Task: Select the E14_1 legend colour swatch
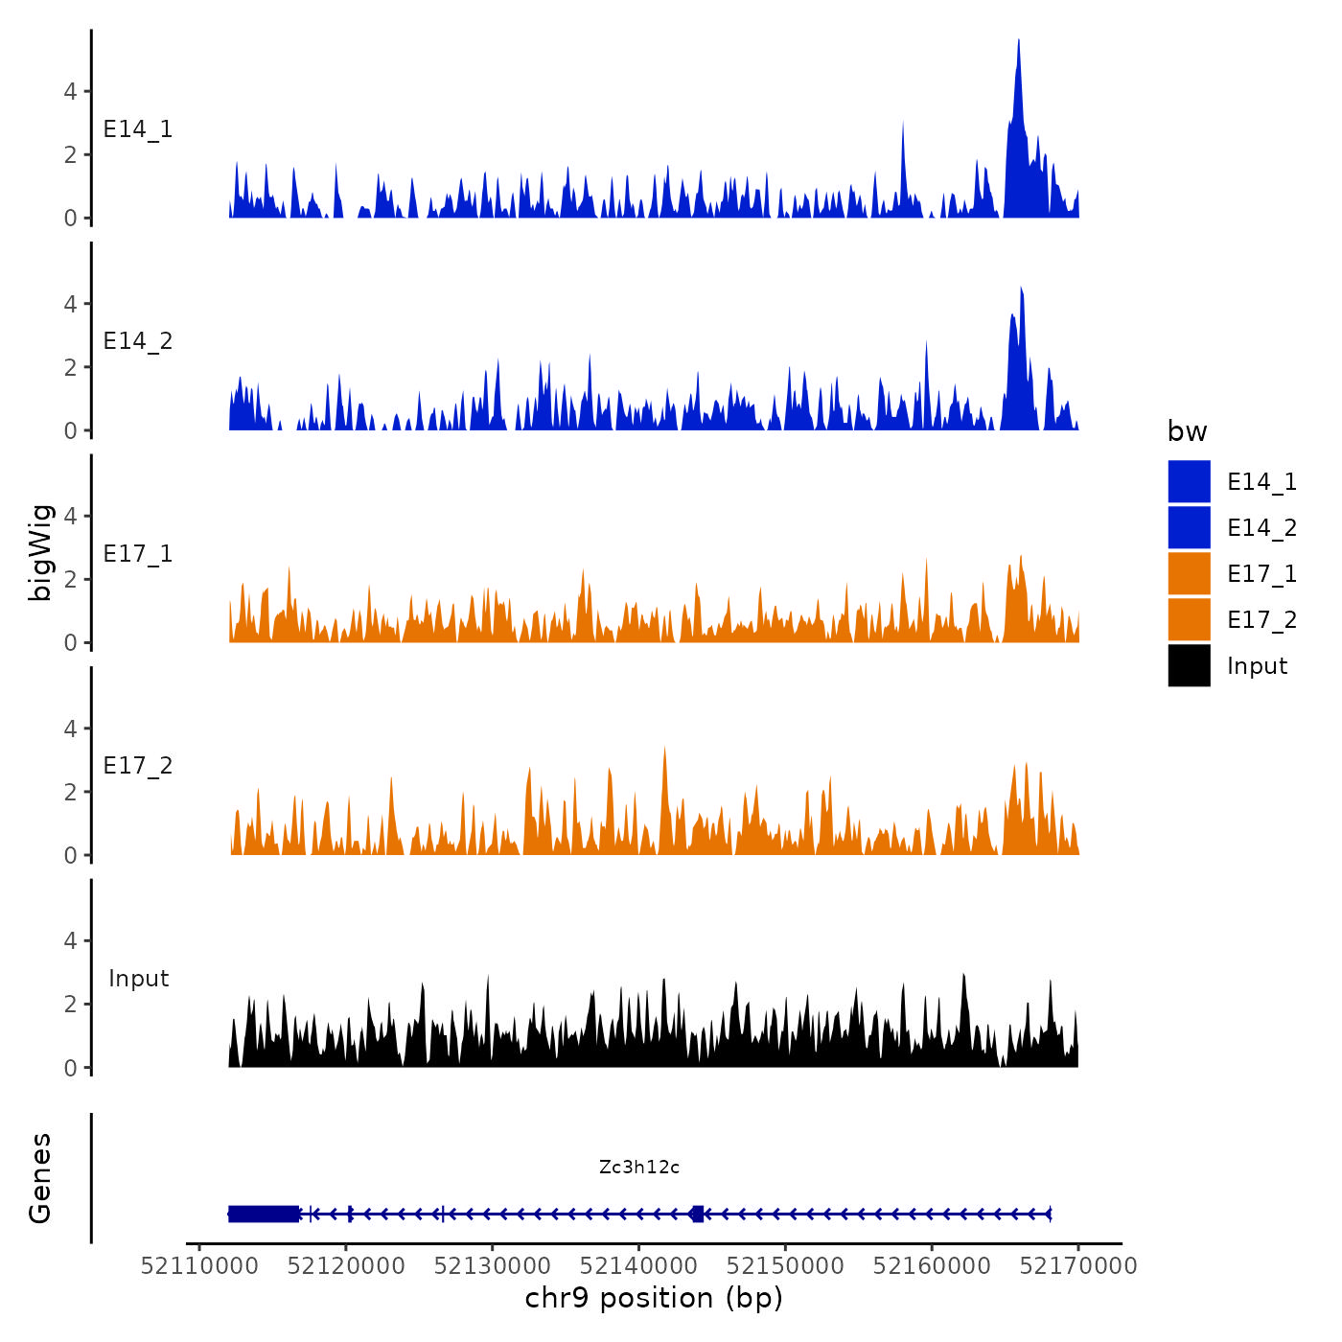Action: [1189, 481]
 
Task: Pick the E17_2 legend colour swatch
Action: [1189, 619]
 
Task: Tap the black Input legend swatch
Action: [1189, 665]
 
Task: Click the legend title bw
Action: [1187, 432]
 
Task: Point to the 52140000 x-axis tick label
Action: [639, 1266]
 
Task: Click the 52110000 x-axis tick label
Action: [199, 1266]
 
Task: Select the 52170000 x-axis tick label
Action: [1078, 1266]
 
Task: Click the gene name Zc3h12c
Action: [639, 1167]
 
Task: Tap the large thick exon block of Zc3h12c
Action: [264, 1214]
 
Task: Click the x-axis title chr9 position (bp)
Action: [654, 1298]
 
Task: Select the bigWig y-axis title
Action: [40, 552]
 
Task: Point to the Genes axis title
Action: [40, 1178]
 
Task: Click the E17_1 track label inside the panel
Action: [138, 554]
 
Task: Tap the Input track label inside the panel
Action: [138, 979]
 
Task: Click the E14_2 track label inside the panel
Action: [138, 341]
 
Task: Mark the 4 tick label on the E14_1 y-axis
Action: [70, 92]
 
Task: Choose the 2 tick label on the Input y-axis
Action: [70, 1005]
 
